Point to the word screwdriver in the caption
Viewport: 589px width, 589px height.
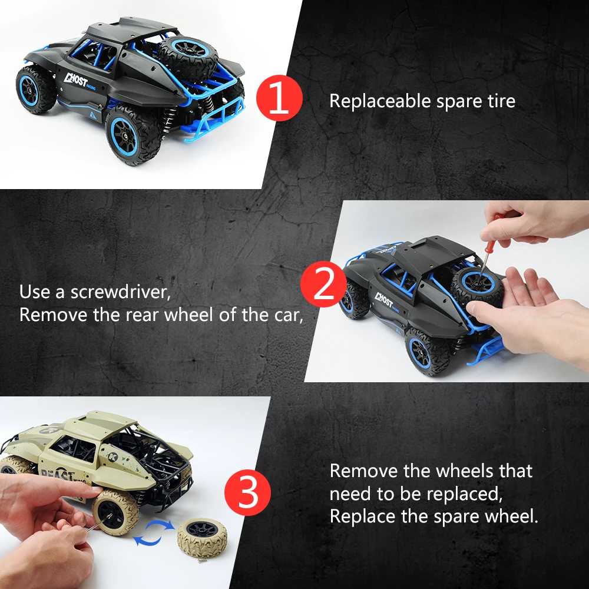[x=121, y=292]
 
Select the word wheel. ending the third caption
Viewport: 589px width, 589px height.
[x=511, y=517]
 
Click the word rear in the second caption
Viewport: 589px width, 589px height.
[x=142, y=315]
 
